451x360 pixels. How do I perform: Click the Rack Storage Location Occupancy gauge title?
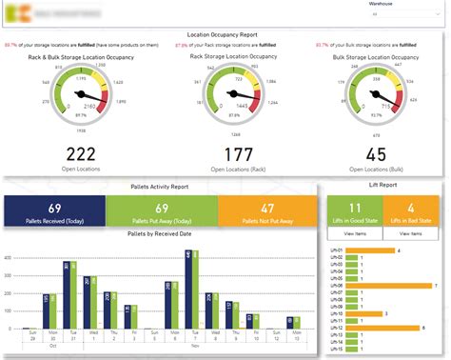tap(225, 56)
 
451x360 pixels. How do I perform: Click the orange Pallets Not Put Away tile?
tap(267, 210)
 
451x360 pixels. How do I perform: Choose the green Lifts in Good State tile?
tap(355, 210)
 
